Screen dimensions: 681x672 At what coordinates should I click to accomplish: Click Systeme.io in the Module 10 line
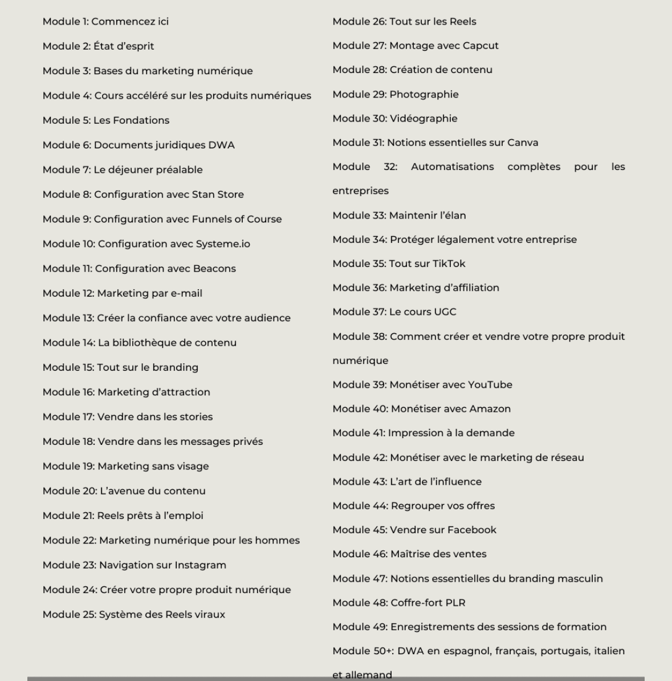223,244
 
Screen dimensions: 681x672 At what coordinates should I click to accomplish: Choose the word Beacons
214,269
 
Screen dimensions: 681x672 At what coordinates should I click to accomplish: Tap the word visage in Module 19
192,467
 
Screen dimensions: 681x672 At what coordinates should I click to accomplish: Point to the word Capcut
480,46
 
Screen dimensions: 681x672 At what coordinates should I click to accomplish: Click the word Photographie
424,95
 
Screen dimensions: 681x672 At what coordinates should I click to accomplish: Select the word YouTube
490,385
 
